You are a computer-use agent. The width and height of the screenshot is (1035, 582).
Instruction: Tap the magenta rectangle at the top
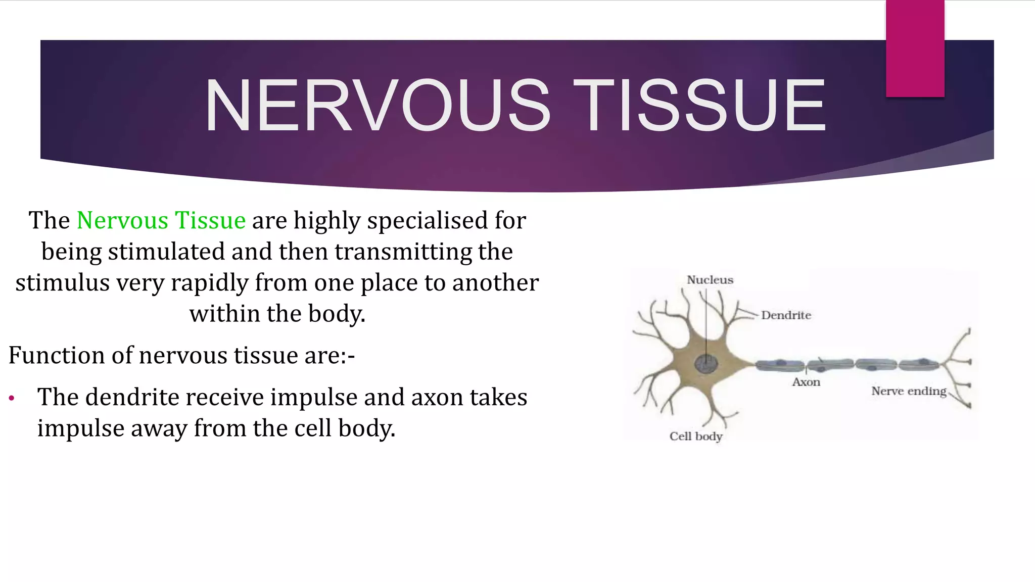click(x=915, y=48)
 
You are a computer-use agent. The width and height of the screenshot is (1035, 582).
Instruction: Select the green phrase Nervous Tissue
click(x=161, y=221)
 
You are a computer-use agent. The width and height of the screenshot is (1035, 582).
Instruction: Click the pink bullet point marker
click(x=12, y=399)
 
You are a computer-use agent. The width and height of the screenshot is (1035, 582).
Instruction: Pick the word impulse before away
click(x=81, y=428)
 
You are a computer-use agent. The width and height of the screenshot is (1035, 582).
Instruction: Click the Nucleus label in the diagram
click(x=710, y=280)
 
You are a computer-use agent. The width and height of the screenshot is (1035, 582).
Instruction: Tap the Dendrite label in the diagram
click(x=786, y=315)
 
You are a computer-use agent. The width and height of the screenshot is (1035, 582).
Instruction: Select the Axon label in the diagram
click(x=806, y=382)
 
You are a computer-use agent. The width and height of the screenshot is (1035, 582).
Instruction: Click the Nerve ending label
click(x=908, y=391)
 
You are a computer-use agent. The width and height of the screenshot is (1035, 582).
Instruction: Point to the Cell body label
click(x=695, y=436)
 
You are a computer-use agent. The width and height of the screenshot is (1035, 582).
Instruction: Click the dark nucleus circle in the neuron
click(x=706, y=364)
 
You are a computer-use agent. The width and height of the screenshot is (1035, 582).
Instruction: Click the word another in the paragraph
click(x=495, y=283)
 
